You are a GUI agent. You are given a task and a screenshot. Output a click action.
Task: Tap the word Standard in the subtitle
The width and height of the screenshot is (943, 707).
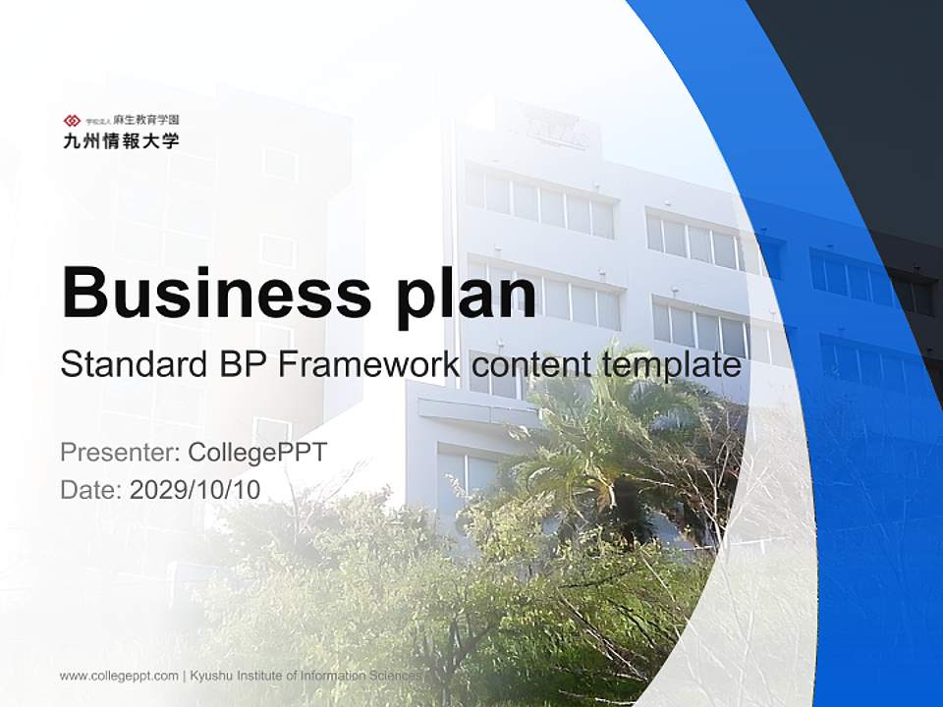click(x=130, y=365)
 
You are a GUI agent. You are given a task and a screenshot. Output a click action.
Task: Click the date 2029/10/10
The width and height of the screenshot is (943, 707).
click(x=194, y=489)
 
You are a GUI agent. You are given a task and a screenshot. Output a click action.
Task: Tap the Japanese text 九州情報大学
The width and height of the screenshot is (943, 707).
click(x=121, y=140)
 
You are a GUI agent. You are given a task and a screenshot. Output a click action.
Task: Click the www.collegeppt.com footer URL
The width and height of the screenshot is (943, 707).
click(x=119, y=676)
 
